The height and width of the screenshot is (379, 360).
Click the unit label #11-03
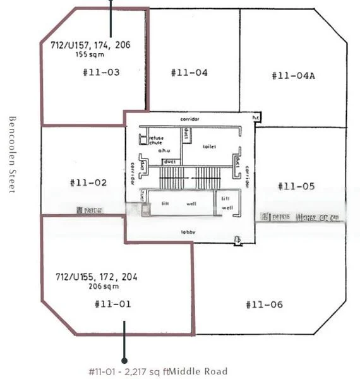click(101, 72)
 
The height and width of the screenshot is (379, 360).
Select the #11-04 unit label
click(189, 73)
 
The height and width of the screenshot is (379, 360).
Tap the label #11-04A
click(293, 76)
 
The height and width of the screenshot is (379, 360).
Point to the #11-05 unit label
click(296, 186)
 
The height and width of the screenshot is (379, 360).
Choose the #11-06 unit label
click(264, 304)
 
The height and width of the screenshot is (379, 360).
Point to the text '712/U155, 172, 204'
click(97, 277)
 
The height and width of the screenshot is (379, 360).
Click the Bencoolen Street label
click(12, 155)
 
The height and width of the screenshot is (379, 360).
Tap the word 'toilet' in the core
click(209, 146)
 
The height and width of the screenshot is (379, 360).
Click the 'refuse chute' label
click(156, 140)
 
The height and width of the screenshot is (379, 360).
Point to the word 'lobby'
click(188, 232)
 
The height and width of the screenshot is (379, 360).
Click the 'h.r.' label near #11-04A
click(256, 117)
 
